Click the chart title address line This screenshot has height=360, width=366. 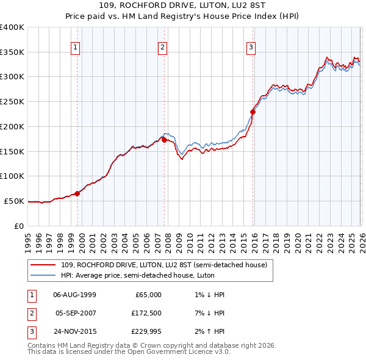tap(183, 6)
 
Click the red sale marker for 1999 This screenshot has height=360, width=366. tap(77, 193)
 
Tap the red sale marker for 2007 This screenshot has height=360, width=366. tap(164, 140)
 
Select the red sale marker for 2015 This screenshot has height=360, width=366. tap(253, 111)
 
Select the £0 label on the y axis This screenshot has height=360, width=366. tap(19, 226)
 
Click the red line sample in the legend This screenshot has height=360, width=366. tap(44, 265)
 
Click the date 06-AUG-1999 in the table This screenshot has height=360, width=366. tap(74, 295)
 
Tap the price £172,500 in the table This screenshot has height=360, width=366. tap(147, 314)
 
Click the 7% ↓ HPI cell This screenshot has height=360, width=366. tap(208, 314)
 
